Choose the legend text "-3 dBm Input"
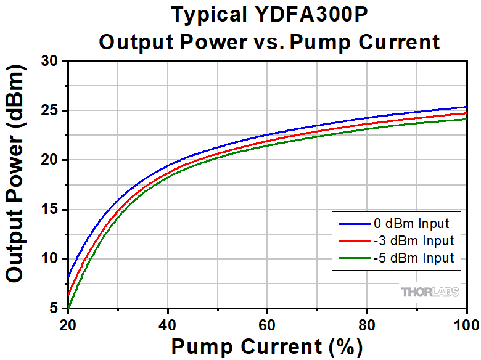coord(413,240)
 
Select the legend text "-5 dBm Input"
coord(413,258)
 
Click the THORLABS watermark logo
coord(430,292)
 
